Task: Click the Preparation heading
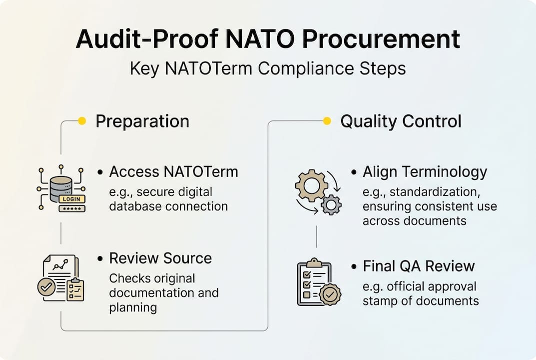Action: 142,121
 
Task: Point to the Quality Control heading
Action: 401,121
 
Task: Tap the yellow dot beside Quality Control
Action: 327,120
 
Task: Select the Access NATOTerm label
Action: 173,172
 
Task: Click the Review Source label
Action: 160,258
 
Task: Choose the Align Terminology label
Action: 425,172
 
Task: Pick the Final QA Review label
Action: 419,266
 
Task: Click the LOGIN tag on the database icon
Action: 71,199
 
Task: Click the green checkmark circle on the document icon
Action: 46,287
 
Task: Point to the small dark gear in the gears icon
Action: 331,204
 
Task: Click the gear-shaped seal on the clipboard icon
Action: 329,294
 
